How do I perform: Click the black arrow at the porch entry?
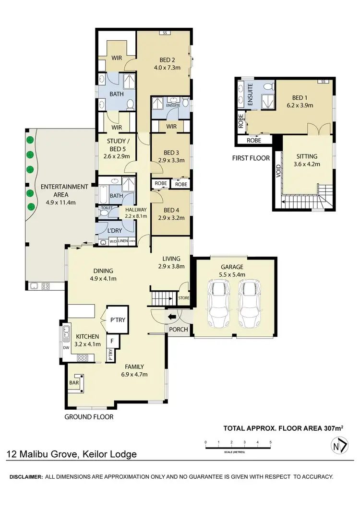(171, 317)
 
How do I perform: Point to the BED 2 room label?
(167, 60)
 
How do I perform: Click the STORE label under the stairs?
(184, 298)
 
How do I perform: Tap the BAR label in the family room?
(74, 383)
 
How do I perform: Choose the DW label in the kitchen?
(66, 347)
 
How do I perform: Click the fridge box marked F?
(112, 341)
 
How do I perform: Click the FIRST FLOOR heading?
(251, 158)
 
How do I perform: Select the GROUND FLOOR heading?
(89, 417)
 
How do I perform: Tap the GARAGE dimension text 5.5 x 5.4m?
(232, 274)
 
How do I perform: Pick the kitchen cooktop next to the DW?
(83, 357)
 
